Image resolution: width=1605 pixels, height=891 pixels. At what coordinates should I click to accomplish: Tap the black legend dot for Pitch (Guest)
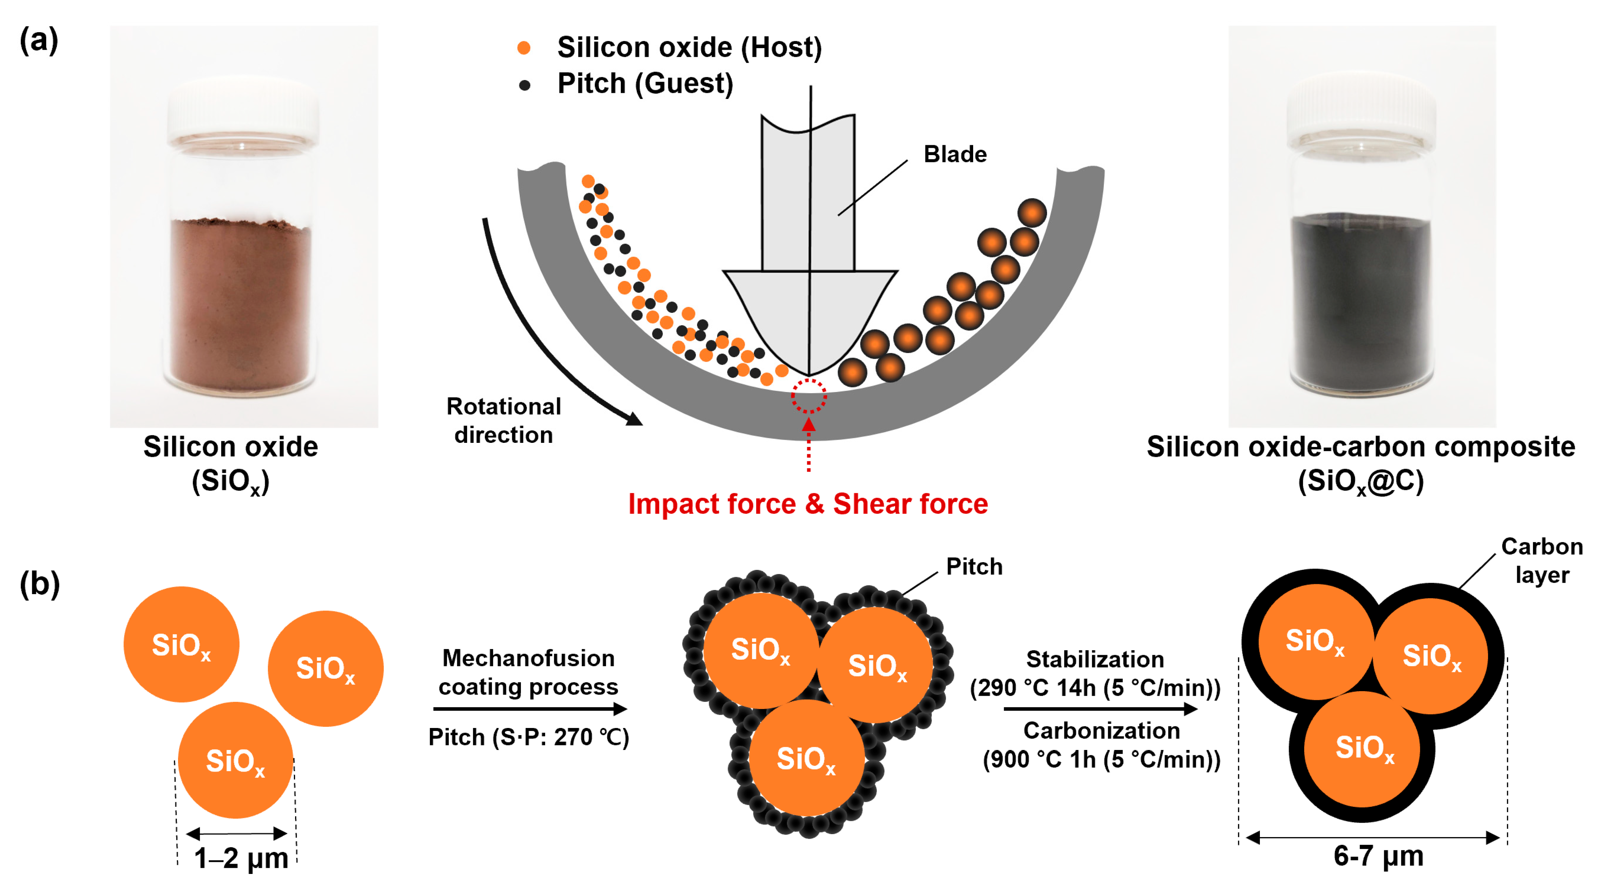coord(525,85)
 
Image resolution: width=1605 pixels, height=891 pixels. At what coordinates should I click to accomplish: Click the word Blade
coord(955,154)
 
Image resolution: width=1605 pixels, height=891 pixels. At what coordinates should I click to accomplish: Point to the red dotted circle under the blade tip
coord(809,396)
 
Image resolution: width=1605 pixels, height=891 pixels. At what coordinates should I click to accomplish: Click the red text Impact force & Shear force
coord(808,504)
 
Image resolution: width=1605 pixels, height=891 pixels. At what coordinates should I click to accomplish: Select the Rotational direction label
coord(503,420)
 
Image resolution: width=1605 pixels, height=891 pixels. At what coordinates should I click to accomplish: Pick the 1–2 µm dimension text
coord(241,858)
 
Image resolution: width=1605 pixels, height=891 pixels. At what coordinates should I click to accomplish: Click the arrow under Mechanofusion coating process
coord(530,709)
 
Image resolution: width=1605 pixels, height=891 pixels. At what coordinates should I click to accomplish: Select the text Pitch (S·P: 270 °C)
coord(528,737)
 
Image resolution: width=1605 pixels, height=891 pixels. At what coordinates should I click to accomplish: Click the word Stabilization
coord(1095,659)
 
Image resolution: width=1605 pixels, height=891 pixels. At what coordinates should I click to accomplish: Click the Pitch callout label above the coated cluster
coord(974,566)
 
